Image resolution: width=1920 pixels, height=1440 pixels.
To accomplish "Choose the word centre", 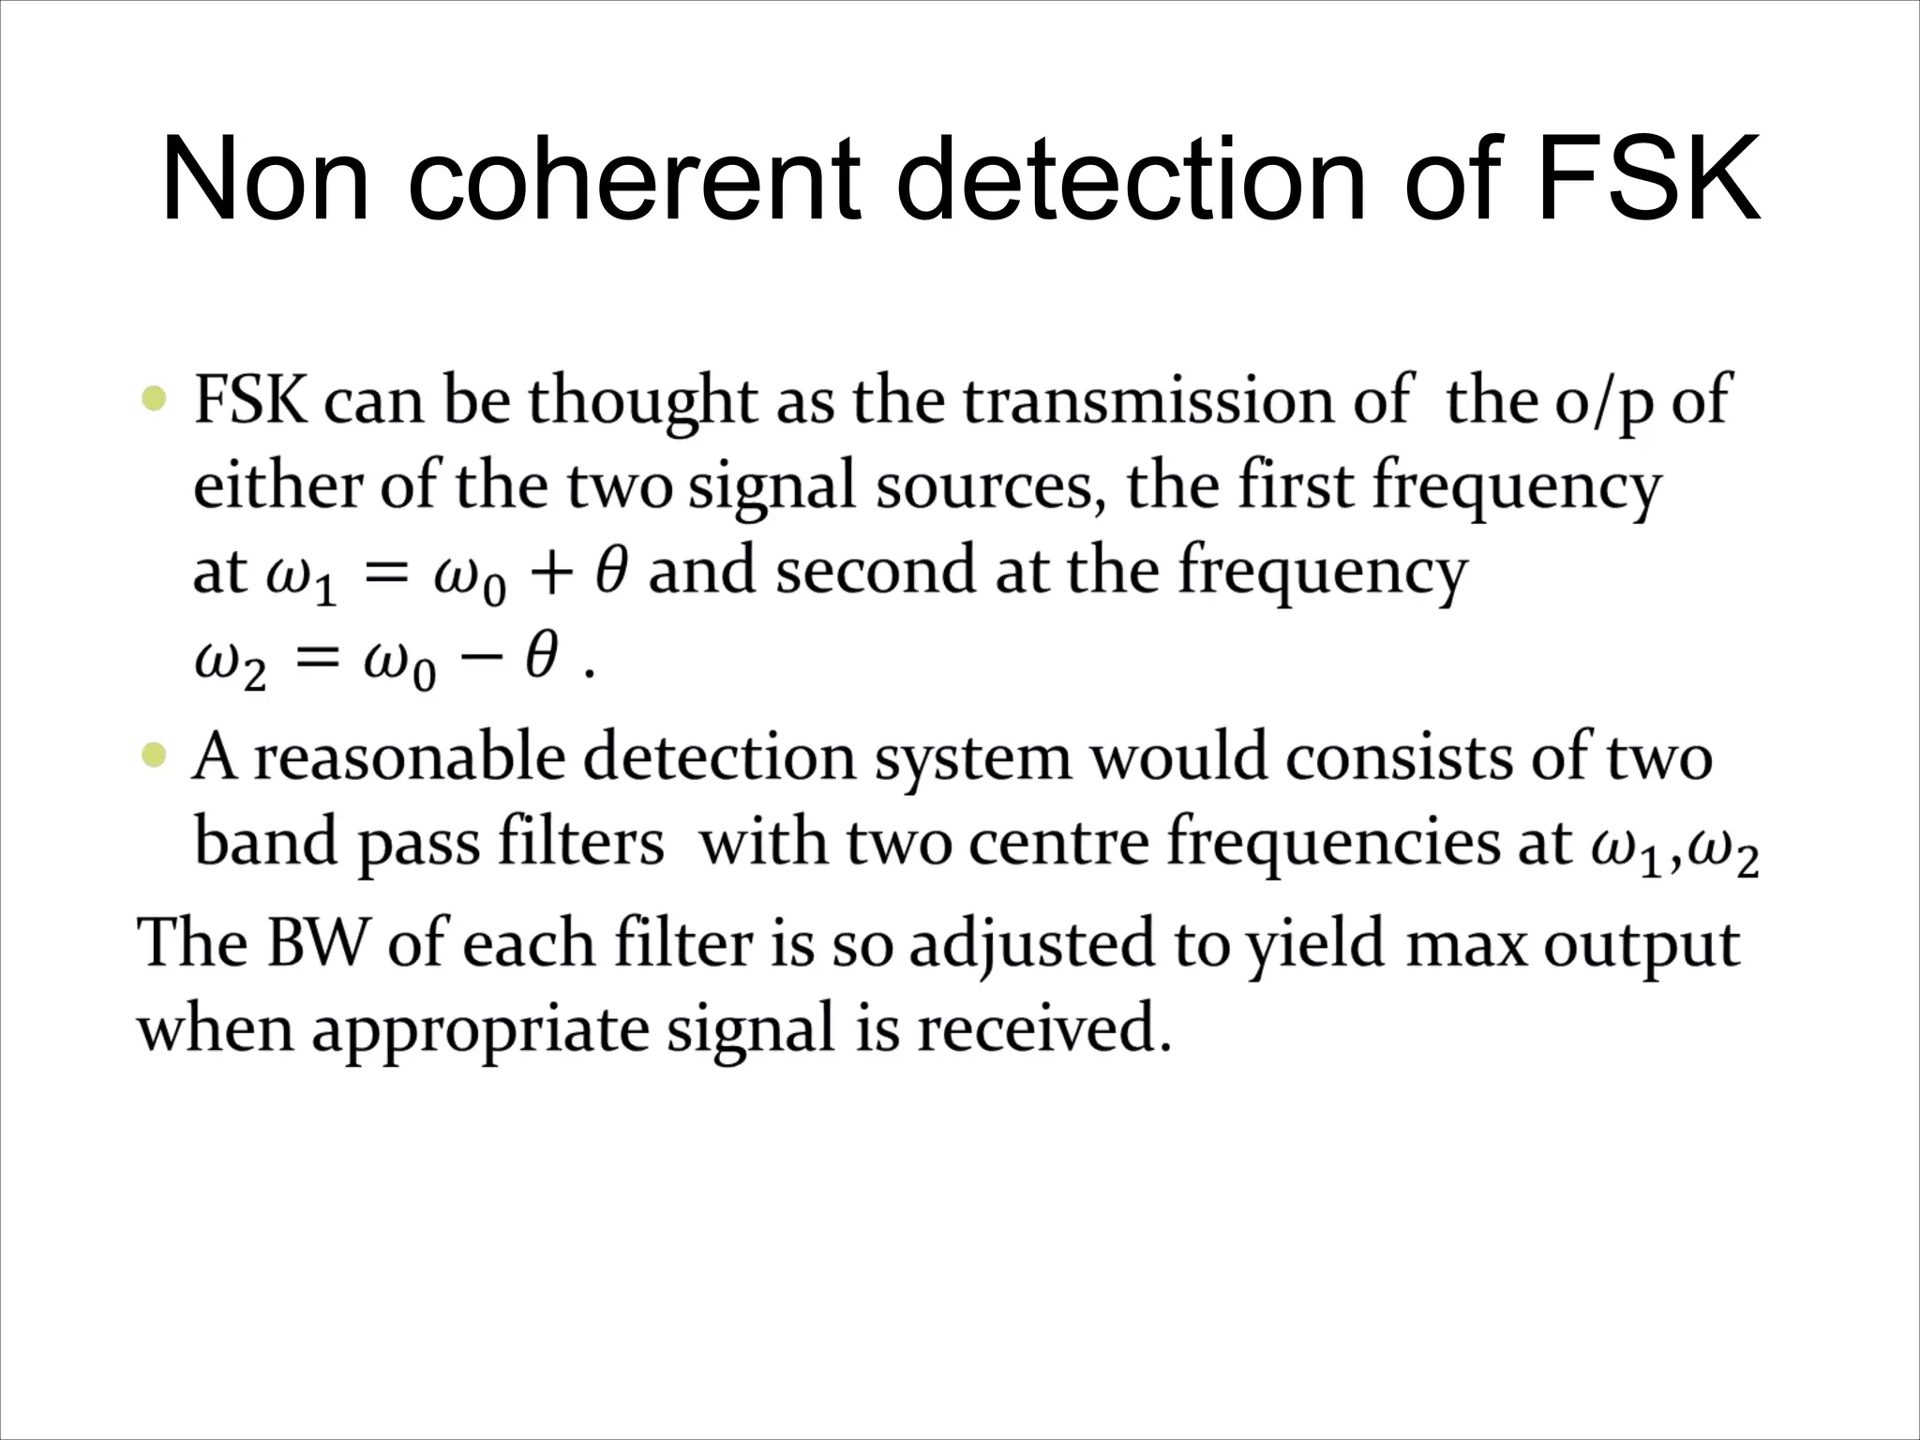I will pos(1059,841).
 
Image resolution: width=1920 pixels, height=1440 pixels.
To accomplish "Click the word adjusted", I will pos(1031,945).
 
